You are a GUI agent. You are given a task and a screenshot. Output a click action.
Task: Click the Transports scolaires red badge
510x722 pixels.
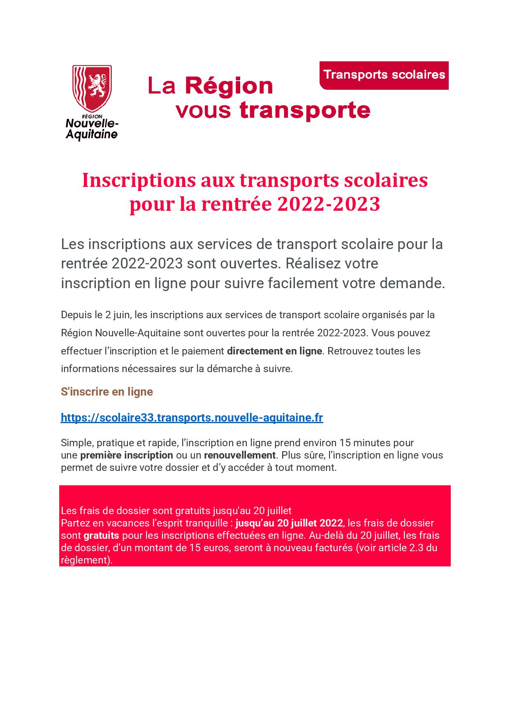point(384,75)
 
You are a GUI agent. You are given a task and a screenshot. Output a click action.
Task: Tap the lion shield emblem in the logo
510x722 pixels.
point(92,87)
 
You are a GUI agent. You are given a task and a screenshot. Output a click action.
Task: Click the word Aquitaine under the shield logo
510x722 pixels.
point(92,134)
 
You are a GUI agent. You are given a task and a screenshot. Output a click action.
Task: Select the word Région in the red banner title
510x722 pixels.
point(229,86)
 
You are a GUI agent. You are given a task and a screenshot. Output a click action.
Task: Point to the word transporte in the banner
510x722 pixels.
point(305,110)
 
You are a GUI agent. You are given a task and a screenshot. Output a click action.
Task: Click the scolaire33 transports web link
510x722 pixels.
point(192,417)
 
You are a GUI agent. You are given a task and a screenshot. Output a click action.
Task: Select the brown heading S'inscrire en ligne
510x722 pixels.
point(107,391)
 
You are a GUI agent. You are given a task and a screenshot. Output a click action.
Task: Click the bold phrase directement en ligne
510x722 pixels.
point(274,351)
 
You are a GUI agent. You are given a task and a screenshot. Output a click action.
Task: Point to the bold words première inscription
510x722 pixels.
point(126,455)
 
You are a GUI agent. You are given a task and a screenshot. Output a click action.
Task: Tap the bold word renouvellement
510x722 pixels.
point(239,455)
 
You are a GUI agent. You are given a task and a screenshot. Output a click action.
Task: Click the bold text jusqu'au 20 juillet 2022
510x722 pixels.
point(289,523)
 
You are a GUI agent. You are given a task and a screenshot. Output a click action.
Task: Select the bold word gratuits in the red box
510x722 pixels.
point(101,536)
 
